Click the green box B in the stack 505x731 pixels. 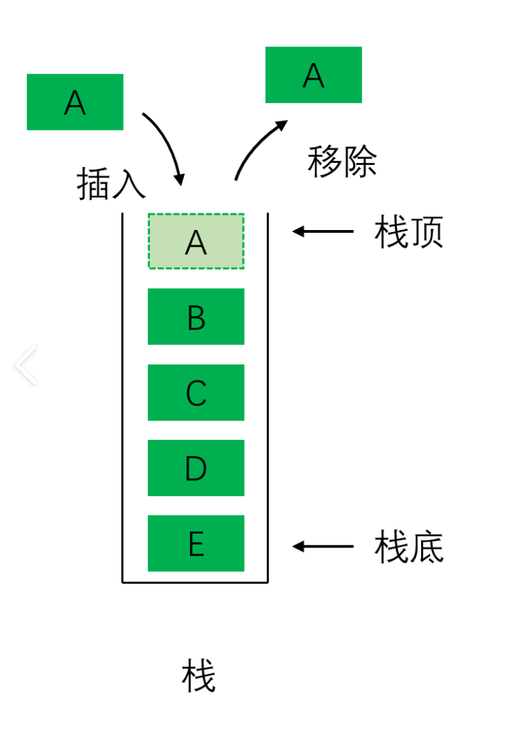point(196,316)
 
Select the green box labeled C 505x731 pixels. point(196,392)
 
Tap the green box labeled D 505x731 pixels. point(196,468)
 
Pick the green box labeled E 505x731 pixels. point(196,543)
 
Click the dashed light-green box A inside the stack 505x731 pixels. point(196,241)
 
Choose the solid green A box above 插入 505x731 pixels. point(75,102)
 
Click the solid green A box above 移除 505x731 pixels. point(314,75)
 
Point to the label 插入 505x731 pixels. point(111,184)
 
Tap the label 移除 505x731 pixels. point(342,162)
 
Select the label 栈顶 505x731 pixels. point(409,232)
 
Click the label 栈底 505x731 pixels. point(409,547)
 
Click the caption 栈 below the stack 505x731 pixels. point(199,676)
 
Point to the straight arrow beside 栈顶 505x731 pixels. point(323,231)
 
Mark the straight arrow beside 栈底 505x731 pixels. point(323,546)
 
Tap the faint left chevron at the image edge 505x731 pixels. point(26,365)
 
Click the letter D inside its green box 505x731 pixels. point(196,469)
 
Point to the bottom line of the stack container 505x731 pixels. point(195,582)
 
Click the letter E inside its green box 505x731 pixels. point(196,545)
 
